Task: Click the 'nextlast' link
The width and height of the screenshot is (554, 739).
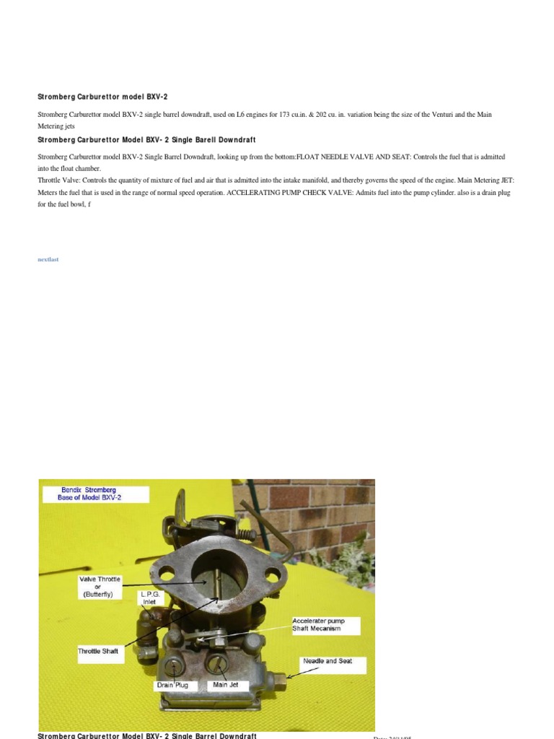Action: pyautogui.click(x=48, y=260)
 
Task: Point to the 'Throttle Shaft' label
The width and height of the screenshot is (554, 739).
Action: pyautogui.click(x=98, y=651)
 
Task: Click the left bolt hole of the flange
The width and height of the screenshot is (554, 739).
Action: pyautogui.click(x=167, y=576)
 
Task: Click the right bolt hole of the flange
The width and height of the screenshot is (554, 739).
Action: pyautogui.click(x=272, y=575)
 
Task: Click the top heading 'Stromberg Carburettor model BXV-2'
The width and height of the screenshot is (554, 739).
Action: pyautogui.click(x=102, y=97)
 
